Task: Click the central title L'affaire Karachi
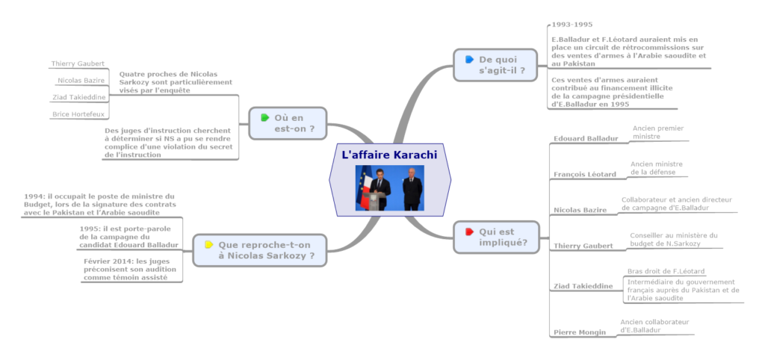[x=388, y=155]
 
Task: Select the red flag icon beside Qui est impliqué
[x=468, y=232]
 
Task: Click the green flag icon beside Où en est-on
[x=264, y=117]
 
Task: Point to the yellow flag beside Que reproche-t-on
[x=208, y=244]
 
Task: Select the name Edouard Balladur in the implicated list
[x=586, y=138]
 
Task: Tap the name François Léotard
[x=584, y=174]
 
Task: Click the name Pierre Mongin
[x=579, y=332]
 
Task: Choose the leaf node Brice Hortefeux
[x=78, y=114]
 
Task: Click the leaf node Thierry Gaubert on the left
[x=78, y=63]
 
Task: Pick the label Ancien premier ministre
[x=657, y=132]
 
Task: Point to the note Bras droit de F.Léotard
[x=666, y=271]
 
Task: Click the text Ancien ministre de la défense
[x=656, y=167]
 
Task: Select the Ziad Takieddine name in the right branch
[x=583, y=286]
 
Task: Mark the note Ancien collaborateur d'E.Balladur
[x=654, y=325]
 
